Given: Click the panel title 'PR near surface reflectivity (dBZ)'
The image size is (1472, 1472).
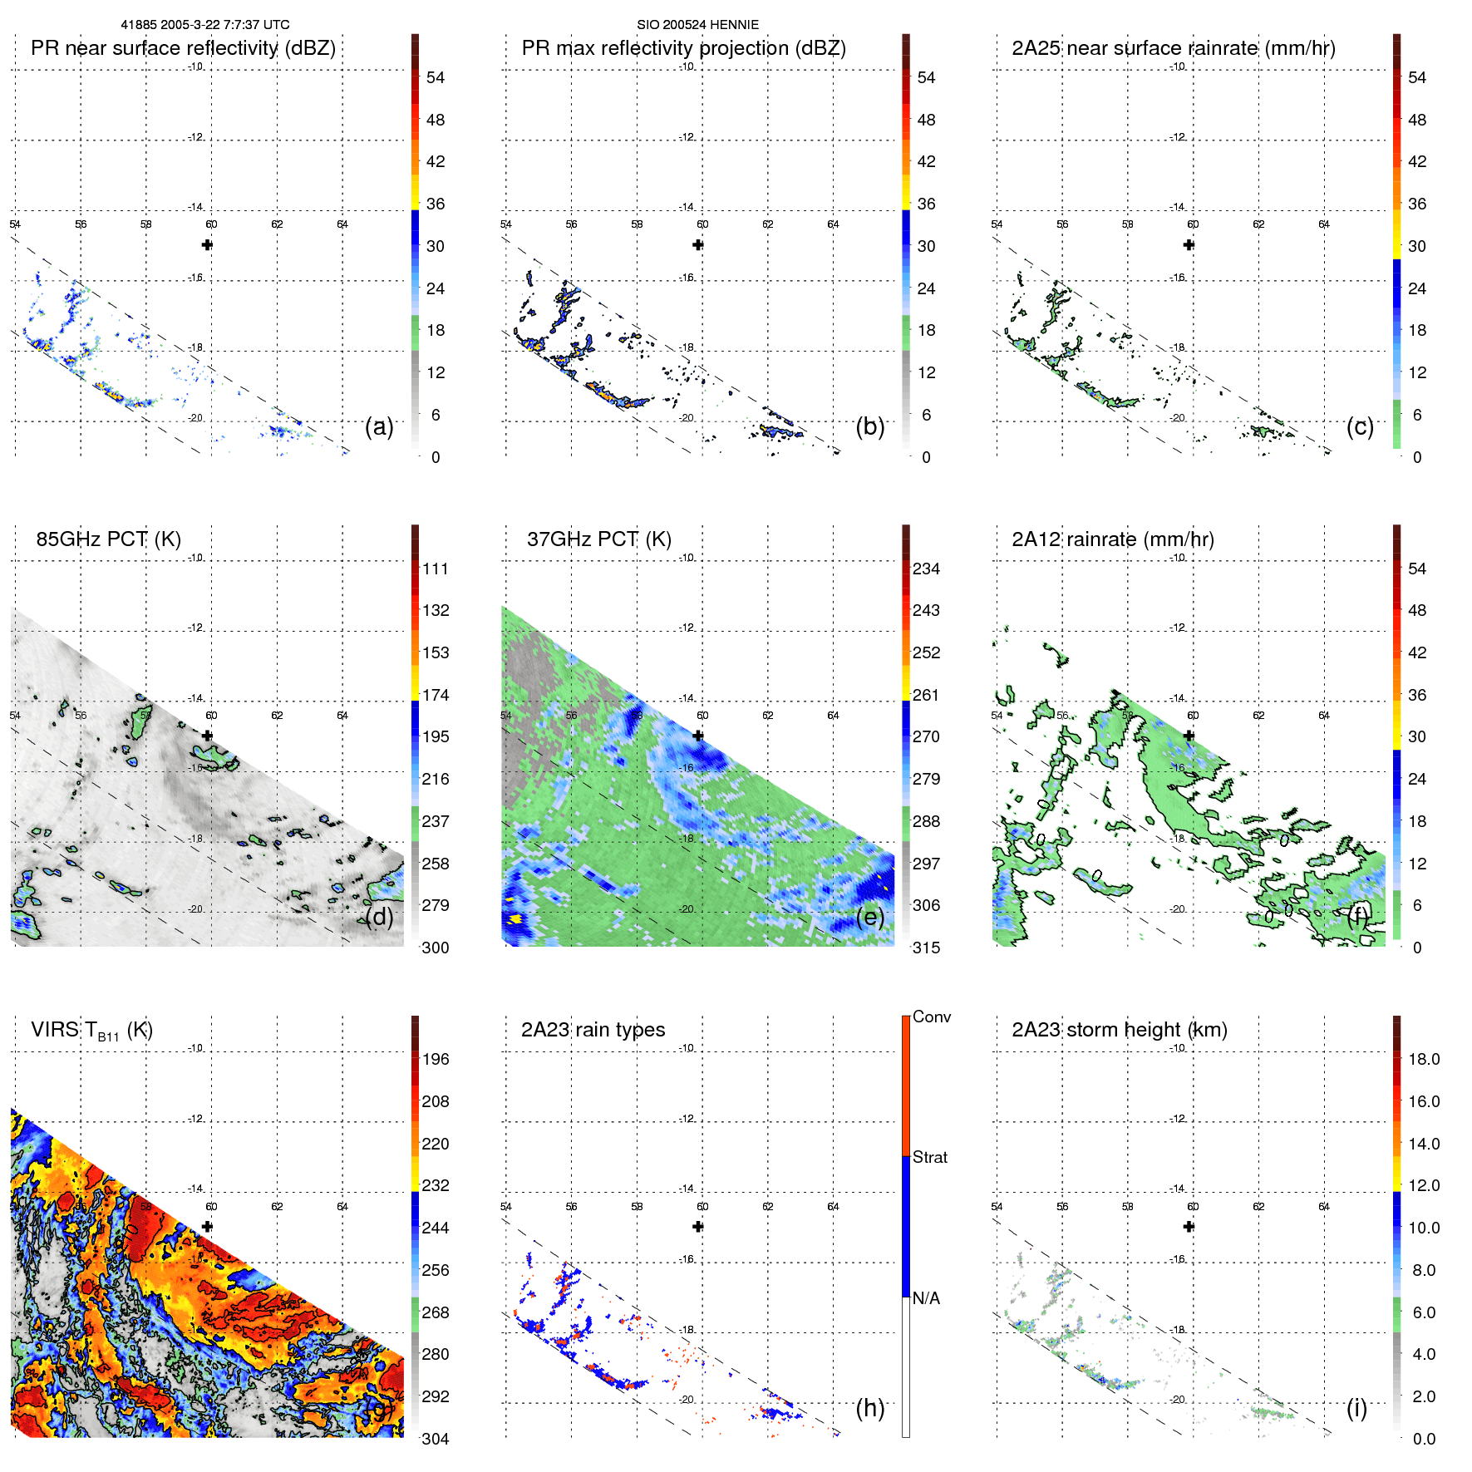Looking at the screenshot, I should coord(183,48).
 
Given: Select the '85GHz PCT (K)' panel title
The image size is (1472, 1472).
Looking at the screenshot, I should coord(108,539).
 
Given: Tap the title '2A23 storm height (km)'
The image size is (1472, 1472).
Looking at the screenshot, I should coord(1119,1030).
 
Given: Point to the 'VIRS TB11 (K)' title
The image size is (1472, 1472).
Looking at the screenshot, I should coord(91,1031).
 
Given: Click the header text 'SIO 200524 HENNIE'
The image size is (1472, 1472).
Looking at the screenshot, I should coord(697,25).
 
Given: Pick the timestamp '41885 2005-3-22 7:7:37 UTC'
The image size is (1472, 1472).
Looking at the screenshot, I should coord(205,25).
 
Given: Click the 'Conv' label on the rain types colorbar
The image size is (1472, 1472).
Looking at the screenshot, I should coord(931,1017).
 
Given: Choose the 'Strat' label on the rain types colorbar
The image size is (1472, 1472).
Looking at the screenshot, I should coord(929,1157).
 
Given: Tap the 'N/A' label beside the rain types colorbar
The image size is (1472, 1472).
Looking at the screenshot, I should coord(926,1298).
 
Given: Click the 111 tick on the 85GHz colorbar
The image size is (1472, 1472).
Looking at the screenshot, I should coord(435,569).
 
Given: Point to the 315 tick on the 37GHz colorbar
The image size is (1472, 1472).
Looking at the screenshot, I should coord(926,948).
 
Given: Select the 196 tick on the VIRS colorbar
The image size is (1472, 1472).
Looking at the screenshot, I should coord(435,1059).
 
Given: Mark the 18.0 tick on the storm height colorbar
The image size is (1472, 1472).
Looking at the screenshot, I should coord(1423,1059).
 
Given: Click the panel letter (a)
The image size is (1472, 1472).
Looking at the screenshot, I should coord(378,426).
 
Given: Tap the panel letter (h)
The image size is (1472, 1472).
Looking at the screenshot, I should coord(869,1408).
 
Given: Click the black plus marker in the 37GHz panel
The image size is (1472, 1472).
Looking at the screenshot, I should coord(698,736).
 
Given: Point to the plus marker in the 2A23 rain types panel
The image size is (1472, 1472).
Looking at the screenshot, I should coord(698,1227).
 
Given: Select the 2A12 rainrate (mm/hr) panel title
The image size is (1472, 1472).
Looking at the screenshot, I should coord(1112,539).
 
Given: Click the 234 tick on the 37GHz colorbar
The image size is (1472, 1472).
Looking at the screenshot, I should coord(926,569).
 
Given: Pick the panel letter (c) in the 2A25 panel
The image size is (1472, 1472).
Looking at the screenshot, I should coord(1360,426).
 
